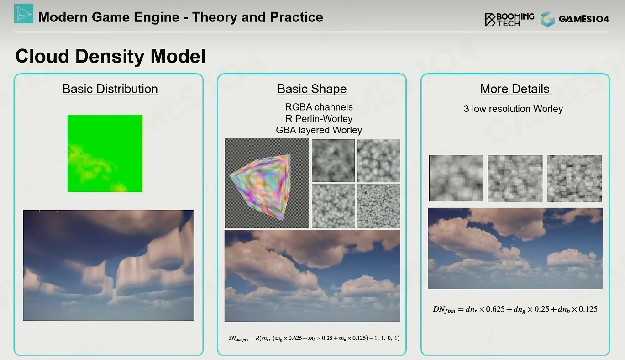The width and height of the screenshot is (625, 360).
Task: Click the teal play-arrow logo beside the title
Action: (24, 13)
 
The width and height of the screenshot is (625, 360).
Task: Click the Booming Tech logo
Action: (509, 20)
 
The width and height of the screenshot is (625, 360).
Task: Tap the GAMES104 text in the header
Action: (584, 19)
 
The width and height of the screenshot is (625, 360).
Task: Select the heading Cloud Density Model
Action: (110, 56)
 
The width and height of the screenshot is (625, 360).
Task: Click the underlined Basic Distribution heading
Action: (110, 89)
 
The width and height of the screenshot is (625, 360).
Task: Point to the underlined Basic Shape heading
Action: (312, 89)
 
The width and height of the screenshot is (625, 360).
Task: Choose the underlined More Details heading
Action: (516, 89)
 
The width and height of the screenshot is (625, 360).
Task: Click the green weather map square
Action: (105, 153)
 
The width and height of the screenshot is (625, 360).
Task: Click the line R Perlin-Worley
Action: (319, 119)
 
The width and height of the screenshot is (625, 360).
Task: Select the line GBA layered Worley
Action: (319, 130)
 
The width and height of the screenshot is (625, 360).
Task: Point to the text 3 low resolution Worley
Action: (513, 109)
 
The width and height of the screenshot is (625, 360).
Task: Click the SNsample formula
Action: (314, 338)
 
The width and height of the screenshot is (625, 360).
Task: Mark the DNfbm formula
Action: (515, 309)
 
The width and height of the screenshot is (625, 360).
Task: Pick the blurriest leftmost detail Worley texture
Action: (456, 178)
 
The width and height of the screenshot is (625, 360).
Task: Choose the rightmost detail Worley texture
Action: (574, 178)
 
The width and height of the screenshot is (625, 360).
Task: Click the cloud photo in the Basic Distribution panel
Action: (109, 265)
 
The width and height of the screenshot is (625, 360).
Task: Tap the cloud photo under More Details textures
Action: (515, 248)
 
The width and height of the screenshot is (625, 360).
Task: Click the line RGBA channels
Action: (319, 107)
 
